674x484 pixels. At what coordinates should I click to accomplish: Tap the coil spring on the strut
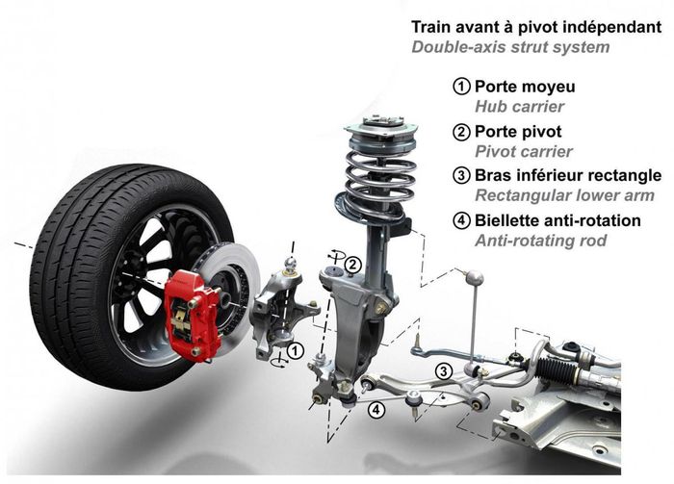[380, 173]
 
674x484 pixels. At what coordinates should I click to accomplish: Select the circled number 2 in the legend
[462, 130]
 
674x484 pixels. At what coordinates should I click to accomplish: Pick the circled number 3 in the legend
[462, 175]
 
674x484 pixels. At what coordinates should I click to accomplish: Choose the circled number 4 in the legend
[462, 220]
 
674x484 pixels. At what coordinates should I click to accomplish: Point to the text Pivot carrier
[524, 151]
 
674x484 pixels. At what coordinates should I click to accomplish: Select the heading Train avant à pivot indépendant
[536, 26]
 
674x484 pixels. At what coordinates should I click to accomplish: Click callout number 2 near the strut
[353, 264]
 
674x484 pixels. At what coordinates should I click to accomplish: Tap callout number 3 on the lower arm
[443, 370]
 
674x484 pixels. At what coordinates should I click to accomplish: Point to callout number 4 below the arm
[376, 409]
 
